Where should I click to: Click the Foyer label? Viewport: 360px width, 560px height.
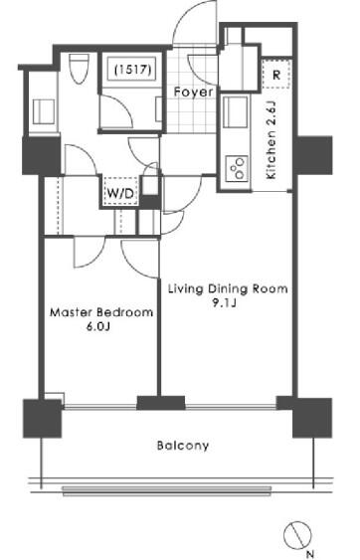tap(193, 93)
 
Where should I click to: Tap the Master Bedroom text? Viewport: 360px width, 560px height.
tap(101, 312)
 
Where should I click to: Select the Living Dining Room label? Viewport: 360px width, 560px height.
tap(228, 288)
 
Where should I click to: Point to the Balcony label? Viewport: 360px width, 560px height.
tap(183, 446)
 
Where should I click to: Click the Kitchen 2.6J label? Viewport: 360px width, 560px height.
tap(271, 140)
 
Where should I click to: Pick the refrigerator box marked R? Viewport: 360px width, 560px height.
tap(276, 75)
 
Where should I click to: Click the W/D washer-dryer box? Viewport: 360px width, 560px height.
tap(120, 193)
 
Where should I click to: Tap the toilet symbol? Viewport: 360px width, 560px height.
tap(79, 69)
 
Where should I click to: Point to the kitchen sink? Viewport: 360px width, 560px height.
tap(235, 111)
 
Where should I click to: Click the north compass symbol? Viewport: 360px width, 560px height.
tap(297, 535)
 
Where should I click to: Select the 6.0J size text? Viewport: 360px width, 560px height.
tap(97, 327)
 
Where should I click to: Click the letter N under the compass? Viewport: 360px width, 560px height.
tap(310, 554)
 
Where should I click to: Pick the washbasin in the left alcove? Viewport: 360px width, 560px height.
tap(44, 111)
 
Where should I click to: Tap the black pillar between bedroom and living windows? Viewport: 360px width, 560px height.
tap(161, 403)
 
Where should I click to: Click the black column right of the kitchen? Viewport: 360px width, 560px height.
tap(313, 155)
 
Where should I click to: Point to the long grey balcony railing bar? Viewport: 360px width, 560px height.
tap(167, 490)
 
